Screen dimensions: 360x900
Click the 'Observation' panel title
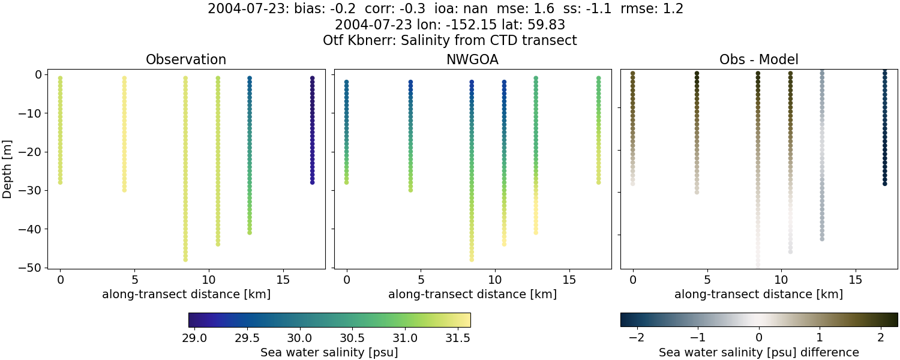pyautogui.click(x=186, y=60)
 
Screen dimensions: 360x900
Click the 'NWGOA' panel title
pyautogui.click(x=473, y=60)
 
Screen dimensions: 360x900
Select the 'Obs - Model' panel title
pyautogui.click(x=759, y=60)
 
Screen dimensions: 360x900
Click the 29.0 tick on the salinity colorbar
pyautogui.click(x=194, y=337)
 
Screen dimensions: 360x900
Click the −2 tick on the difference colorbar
pyautogui.click(x=636, y=337)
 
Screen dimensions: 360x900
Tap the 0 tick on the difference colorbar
pyautogui.click(x=759, y=337)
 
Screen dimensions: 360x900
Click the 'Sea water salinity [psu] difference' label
pyautogui.click(x=759, y=352)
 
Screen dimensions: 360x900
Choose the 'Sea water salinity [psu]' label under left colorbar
pyautogui.click(x=329, y=352)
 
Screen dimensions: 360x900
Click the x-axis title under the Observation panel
pyautogui.click(x=186, y=295)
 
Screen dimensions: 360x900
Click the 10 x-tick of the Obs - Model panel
pyautogui.click(x=781, y=280)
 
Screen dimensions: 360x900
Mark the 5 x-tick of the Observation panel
pyautogui.click(x=134, y=280)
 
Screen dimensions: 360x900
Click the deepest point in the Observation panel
pyautogui.click(x=185, y=259)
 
